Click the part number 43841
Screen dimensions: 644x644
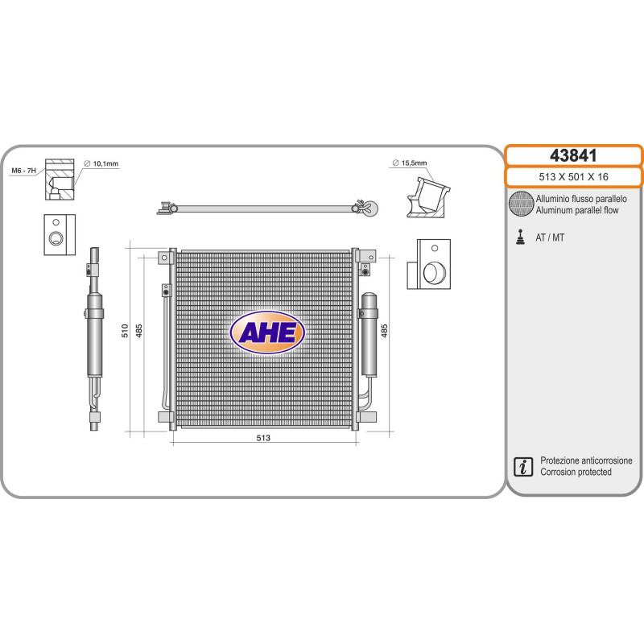(x=573, y=155)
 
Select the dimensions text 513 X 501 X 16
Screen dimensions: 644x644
(x=573, y=177)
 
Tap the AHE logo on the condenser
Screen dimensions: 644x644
(x=267, y=332)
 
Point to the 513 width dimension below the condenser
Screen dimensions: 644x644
(x=263, y=438)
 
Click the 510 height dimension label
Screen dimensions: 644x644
(x=125, y=331)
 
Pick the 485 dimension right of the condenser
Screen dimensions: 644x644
(x=384, y=331)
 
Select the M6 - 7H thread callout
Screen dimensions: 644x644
(x=24, y=171)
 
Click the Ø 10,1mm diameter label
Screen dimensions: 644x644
(x=101, y=164)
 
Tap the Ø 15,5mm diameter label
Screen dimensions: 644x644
(x=410, y=163)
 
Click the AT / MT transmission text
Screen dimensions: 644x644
(x=550, y=237)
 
